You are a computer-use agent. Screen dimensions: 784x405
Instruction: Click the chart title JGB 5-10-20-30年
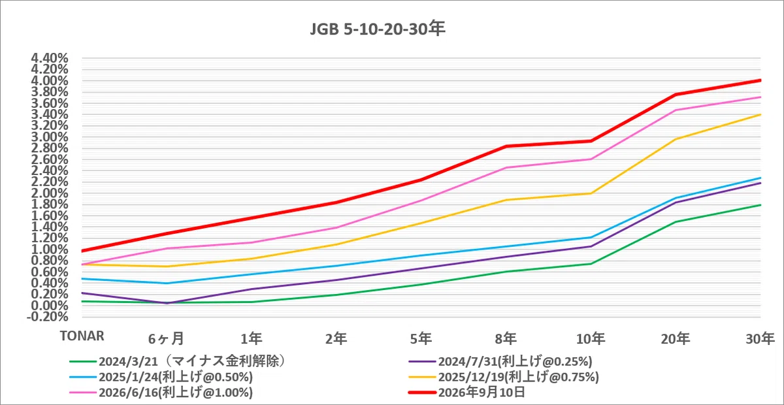pos(378,29)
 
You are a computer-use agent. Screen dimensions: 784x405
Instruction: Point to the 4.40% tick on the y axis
pos(50,58)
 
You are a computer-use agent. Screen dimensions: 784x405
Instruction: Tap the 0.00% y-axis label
pos(50,306)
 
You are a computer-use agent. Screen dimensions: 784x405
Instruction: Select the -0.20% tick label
pos(48,317)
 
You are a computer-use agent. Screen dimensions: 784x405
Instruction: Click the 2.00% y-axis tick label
pos(50,193)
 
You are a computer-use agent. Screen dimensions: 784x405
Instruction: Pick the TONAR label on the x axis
pos(82,336)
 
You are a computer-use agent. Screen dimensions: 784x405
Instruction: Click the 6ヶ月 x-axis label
pos(166,338)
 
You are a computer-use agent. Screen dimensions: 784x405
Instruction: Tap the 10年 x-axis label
pos(591,338)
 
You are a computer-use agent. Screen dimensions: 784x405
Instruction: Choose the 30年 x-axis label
pos(760,338)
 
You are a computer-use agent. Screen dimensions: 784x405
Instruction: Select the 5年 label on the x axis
pos(421,338)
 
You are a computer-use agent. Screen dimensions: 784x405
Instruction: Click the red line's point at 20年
pos(676,94)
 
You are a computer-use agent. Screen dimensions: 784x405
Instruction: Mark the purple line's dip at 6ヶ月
pos(167,303)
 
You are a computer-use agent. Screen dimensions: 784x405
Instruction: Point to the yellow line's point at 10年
pos(591,193)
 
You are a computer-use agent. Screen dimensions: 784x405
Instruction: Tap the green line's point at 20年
pos(676,221)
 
